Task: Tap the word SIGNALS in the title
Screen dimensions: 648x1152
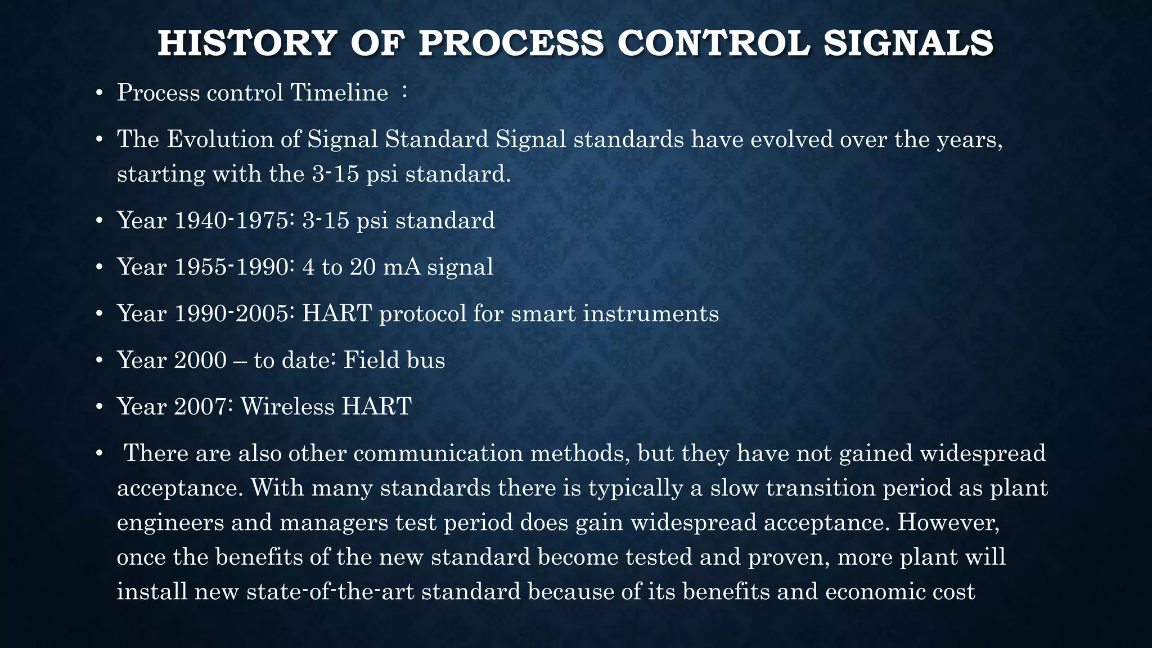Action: (x=908, y=43)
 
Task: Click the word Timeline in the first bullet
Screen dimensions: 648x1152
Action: (x=339, y=93)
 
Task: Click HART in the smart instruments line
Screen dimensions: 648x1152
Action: (x=336, y=314)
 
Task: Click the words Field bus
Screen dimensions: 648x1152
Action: (x=394, y=361)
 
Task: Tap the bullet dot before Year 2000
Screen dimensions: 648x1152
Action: (x=98, y=361)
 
